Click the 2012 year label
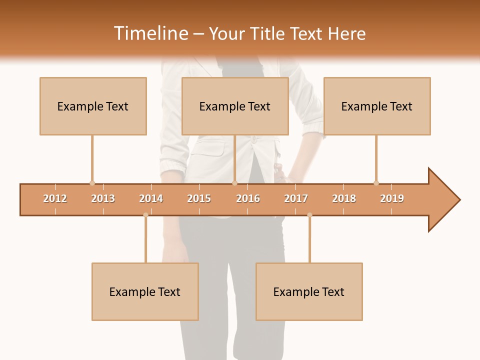point(55,198)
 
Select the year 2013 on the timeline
point(103,198)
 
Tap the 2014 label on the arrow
point(151,198)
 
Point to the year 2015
point(199,198)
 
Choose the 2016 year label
point(248,198)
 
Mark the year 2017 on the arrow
point(296,198)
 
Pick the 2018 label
point(344,198)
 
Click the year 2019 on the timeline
point(392,198)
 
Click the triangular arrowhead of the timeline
point(443,200)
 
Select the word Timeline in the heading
point(150,33)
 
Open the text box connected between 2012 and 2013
point(93,106)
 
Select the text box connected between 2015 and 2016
point(235,106)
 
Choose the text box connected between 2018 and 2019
point(377,106)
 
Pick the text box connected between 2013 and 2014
point(145,291)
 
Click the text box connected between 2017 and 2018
point(309,291)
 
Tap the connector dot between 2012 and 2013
point(92,183)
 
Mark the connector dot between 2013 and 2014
point(145,215)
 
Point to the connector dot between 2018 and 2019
point(376,183)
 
